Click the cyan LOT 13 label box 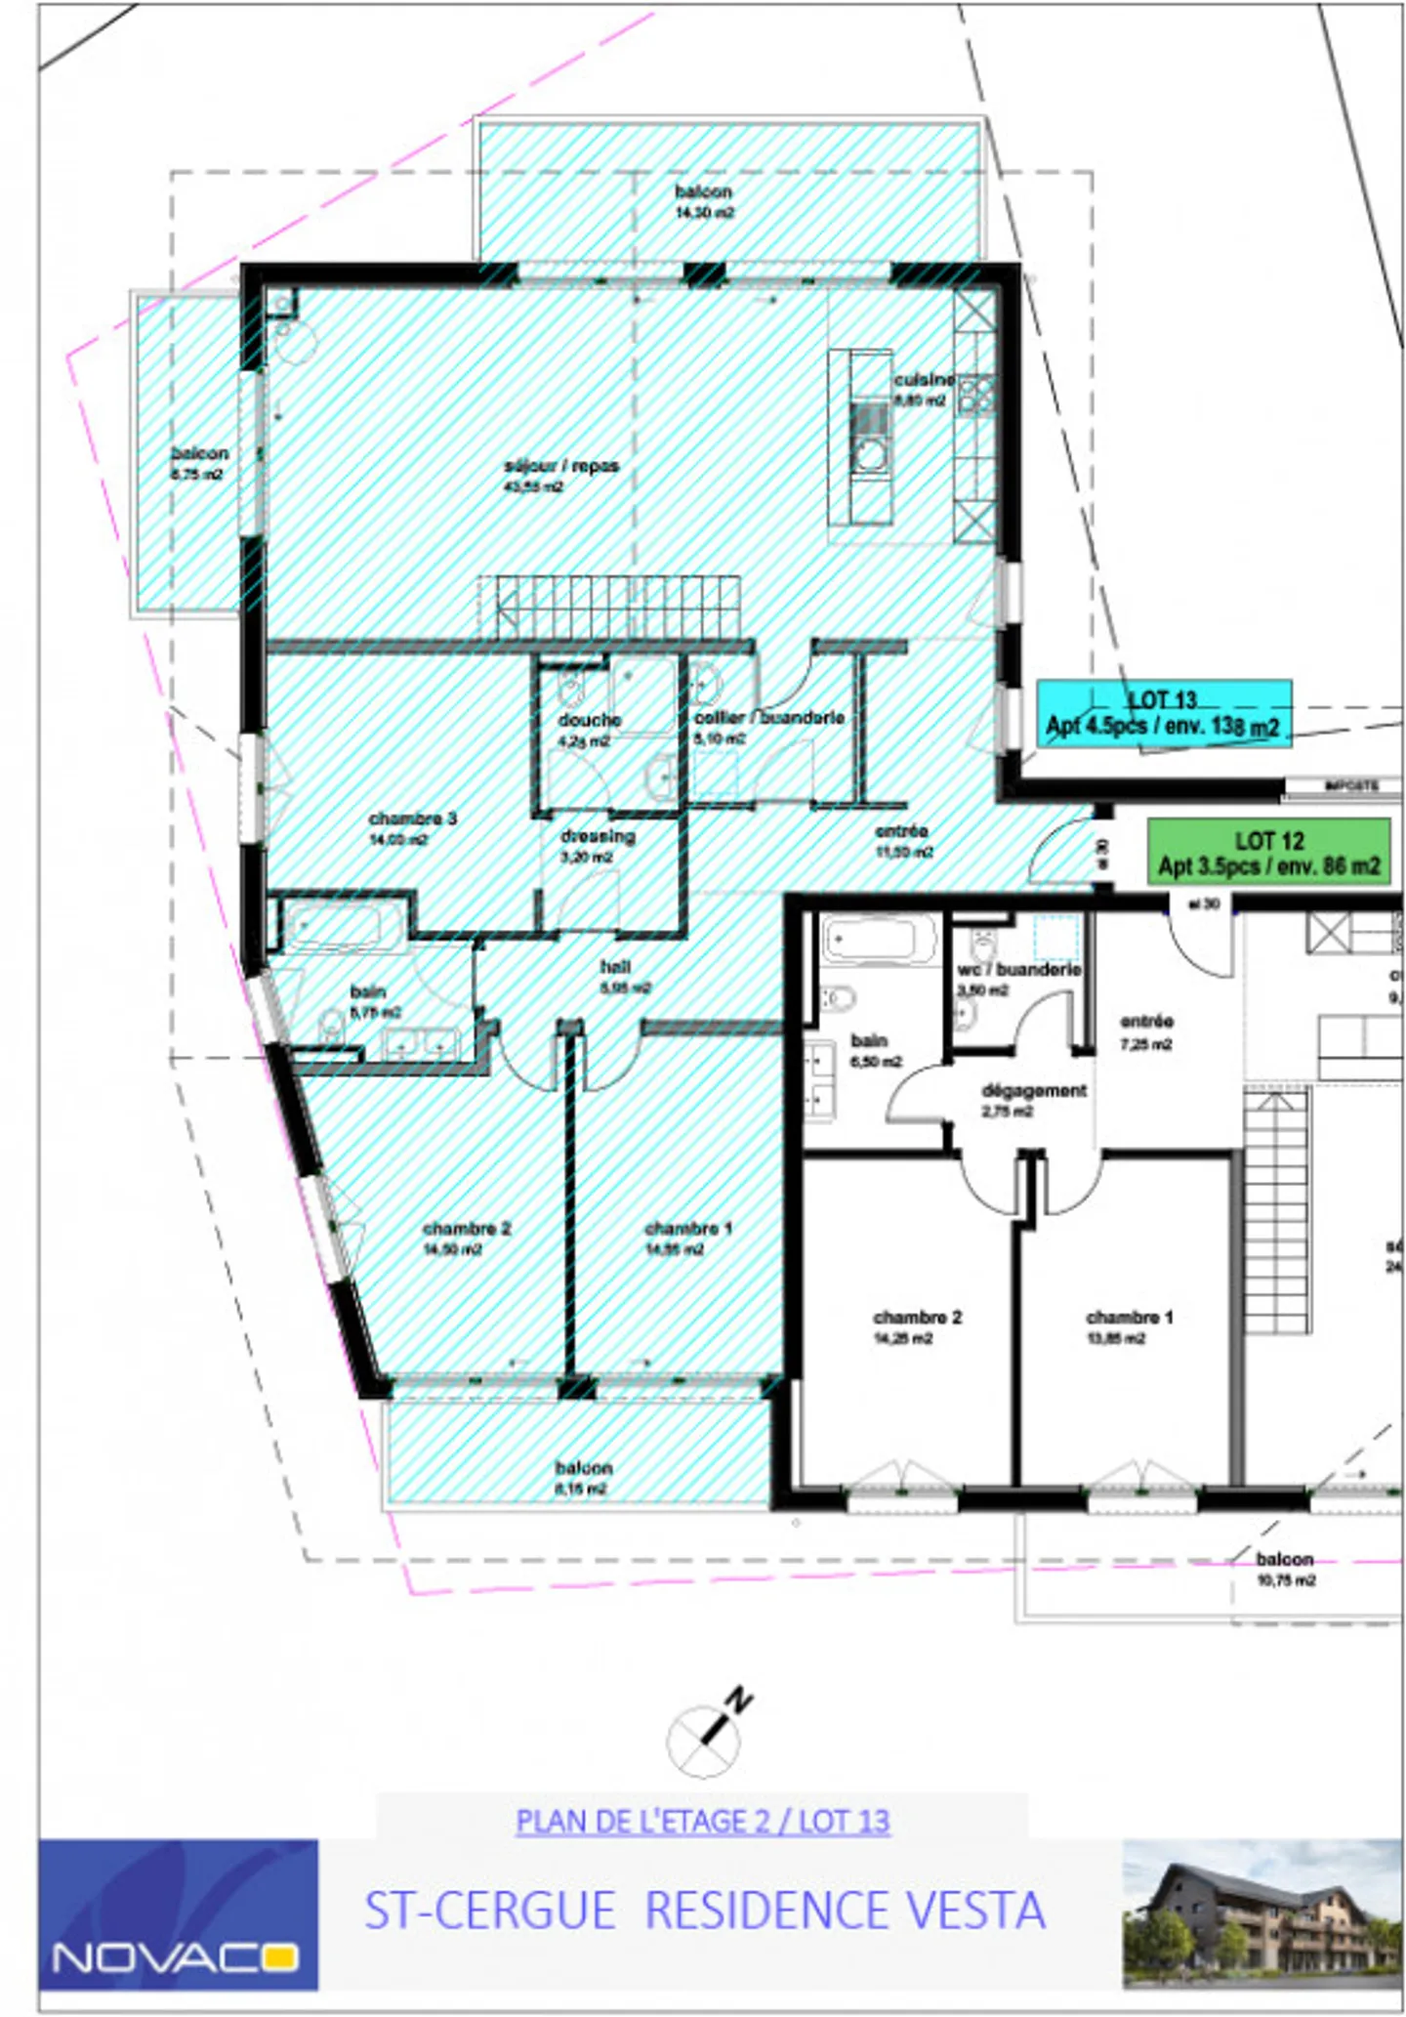click(x=1164, y=714)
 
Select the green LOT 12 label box click(x=1268, y=853)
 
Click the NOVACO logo click(x=178, y=1915)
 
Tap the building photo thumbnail click(x=1261, y=1913)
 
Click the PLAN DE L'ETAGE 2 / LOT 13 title click(x=702, y=1822)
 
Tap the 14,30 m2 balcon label click(x=703, y=201)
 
